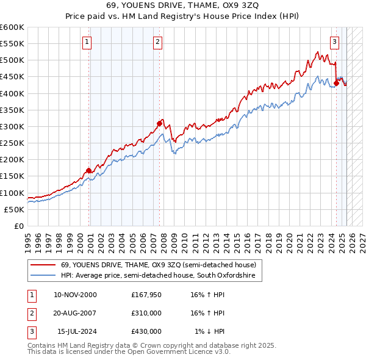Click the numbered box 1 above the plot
(87, 42)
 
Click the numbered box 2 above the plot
(157, 42)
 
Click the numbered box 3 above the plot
(334, 42)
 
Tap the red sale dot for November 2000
(89, 170)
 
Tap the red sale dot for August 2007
(159, 123)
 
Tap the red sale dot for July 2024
(336, 84)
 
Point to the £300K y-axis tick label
(12, 126)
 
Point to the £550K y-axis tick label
(12, 44)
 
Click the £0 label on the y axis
(19, 226)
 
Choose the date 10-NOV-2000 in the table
(75, 295)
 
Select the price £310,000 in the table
(146, 313)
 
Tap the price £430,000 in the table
(146, 331)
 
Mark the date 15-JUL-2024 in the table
(76, 331)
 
